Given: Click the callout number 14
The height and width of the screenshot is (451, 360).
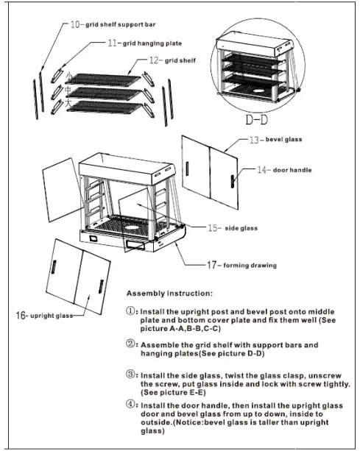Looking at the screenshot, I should pos(261,170).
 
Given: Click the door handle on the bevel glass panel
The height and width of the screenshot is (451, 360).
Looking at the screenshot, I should pos(233,181).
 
